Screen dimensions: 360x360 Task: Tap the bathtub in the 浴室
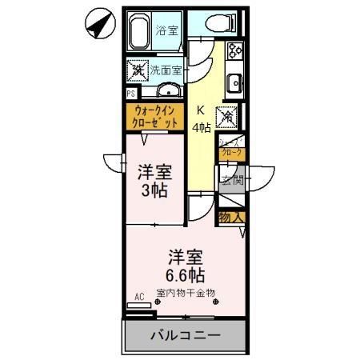143,31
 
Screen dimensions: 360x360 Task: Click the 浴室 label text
166,31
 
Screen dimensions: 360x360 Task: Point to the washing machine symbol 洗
137,70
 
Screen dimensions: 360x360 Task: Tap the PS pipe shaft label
130,94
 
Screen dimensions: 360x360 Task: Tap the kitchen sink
235,82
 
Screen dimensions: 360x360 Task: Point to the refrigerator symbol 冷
227,116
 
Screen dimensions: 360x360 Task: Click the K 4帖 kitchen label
202,118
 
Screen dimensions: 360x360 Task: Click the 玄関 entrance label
232,179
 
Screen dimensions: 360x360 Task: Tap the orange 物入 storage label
232,217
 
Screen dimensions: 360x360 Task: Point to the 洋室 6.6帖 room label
185,266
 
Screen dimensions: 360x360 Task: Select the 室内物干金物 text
186,293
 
